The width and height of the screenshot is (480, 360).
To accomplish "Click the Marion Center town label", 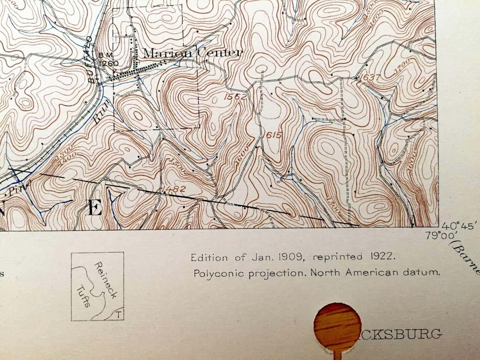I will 193,53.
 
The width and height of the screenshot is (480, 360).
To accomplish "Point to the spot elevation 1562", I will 235,97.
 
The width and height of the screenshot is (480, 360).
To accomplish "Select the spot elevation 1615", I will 272,135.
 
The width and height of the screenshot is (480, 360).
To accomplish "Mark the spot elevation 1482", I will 174,189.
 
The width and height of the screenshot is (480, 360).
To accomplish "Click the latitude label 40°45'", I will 459,226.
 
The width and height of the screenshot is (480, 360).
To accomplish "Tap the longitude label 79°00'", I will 437,235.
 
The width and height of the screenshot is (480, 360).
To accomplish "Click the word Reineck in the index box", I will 105,280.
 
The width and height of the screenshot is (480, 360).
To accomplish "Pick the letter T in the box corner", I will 119,315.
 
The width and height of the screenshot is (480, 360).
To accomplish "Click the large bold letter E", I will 94,209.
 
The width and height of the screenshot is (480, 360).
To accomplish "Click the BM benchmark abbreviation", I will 106,55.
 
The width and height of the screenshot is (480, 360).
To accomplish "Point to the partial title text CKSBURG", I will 402,334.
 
